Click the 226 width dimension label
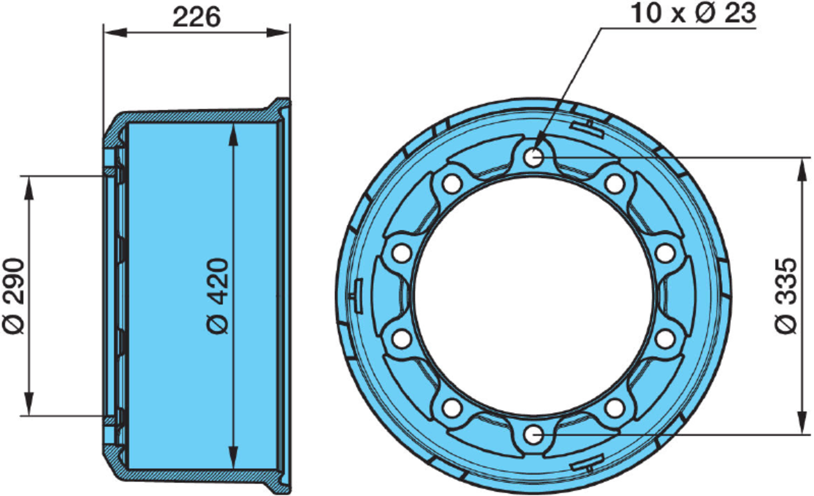(x=196, y=17)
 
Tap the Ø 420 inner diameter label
(x=219, y=296)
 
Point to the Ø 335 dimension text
(x=786, y=296)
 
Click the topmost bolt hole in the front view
(x=534, y=158)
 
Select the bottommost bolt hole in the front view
(x=534, y=435)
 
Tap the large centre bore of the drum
(x=534, y=296)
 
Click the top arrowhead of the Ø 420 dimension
(x=233, y=134)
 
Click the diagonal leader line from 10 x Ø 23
(x=570, y=87)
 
